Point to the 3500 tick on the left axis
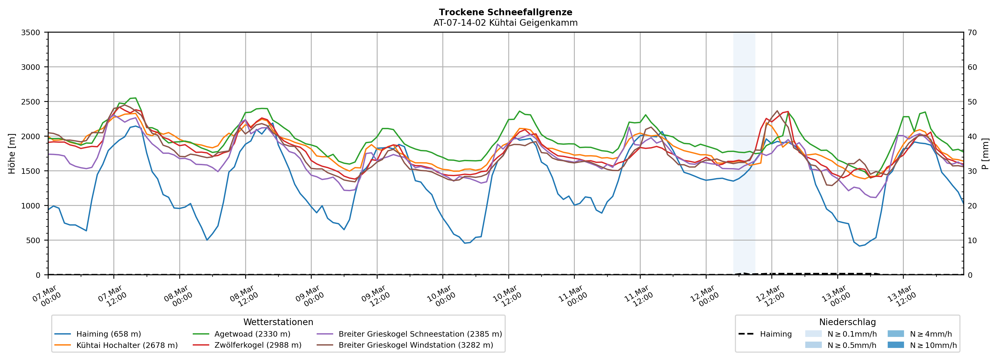pyautogui.click(x=31, y=33)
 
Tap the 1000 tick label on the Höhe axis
pyautogui.click(x=31, y=206)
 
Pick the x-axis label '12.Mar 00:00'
pyautogui.click(x=704, y=296)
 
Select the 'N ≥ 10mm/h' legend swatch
pyautogui.click(x=896, y=345)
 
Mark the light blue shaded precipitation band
pyautogui.click(x=744, y=155)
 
